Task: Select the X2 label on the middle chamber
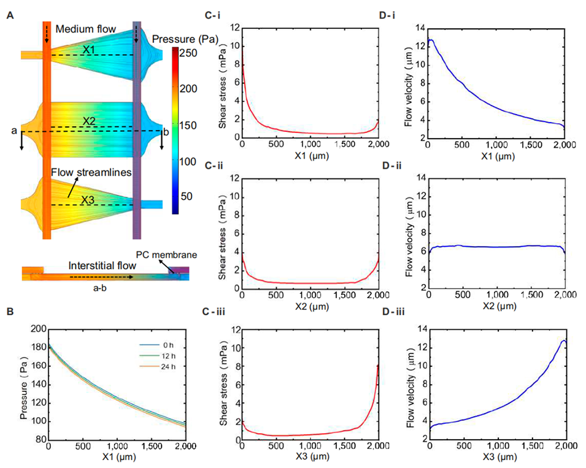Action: coord(91,121)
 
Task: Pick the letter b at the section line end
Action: coord(165,131)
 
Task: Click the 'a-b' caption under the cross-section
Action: coord(95,285)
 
